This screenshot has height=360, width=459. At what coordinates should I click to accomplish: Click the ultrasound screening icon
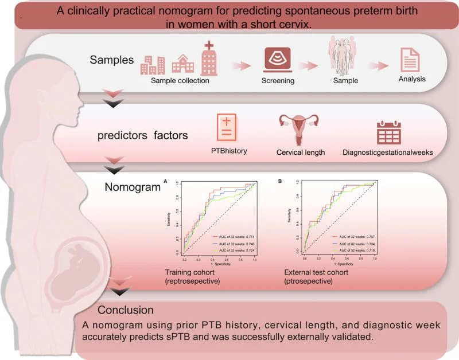click(x=277, y=60)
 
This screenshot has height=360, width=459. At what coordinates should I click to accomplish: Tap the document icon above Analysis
click(x=412, y=58)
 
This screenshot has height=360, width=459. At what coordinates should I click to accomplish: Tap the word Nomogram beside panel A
click(x=129, y=186)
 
